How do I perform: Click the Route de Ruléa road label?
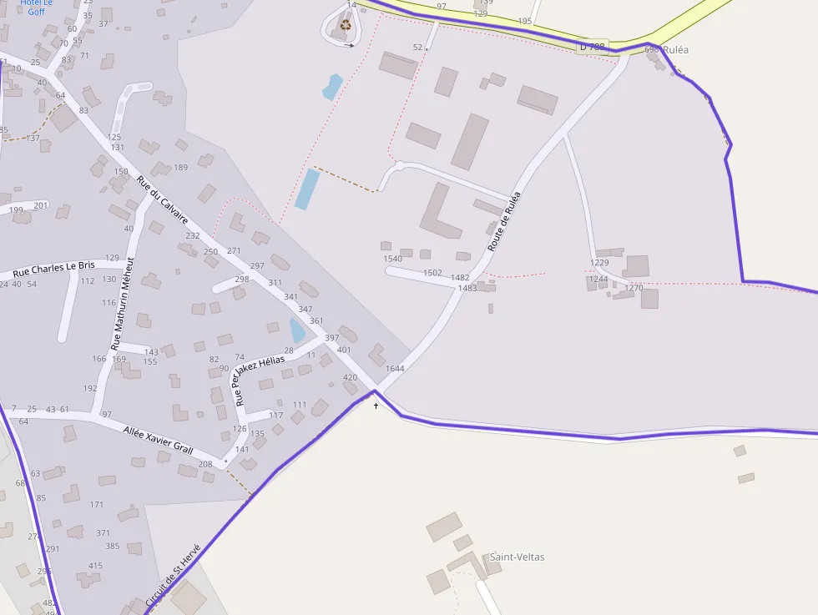pyautogui.click(x=504, y=222)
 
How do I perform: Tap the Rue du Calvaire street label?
pyautogui.click(x=163, y=200)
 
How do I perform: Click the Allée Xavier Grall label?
pyautogui.click(x=158, y=440)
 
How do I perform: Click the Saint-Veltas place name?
pyautogui.click(x=517, y=557)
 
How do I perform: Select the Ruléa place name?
pyautogui.click(x=677, y=49)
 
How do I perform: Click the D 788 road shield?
pyautogui.click(x=591, y=47)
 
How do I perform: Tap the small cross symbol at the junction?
pyautogui.click(x=376, y=406)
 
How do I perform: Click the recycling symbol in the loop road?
pyautogui.click(x=346, y=26)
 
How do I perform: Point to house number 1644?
pyautogui.click(x=395, y=368)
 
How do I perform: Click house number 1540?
pyautogui.click(x=392, y=259)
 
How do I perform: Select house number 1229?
pyautogui.click(x=599, y=263)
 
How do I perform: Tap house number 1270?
pyautogui.click(x=634, y=288)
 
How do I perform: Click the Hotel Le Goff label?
pyautogui.click(x=36, y=7)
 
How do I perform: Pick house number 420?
pyautogui.click(x=351, y=377)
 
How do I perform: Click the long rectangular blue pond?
pyautogui.click(x=306, y=189)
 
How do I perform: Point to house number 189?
pyautogui.click(x=180, y=168)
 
